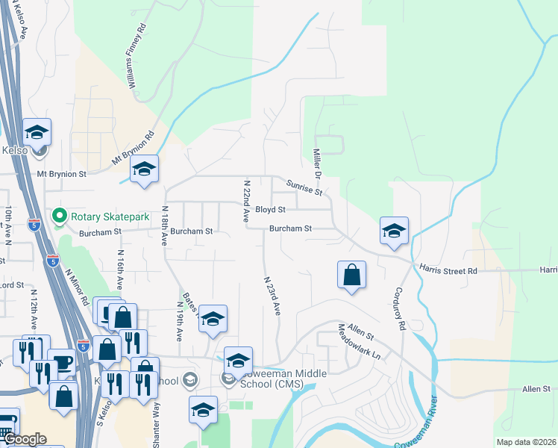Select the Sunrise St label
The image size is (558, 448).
304,187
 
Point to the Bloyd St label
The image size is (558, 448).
270,211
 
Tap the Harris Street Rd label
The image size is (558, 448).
448,270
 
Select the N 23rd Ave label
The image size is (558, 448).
272,295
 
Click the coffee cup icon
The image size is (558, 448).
61,362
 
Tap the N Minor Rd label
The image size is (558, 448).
78,287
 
